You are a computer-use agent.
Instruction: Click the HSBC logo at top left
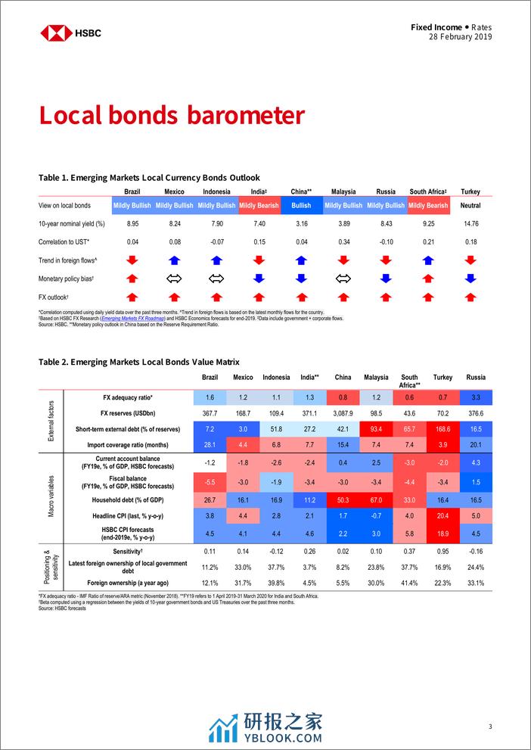pyautogui.click(x=70, y=33)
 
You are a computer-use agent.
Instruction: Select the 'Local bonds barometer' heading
pyautogui.click(x=172, y=115)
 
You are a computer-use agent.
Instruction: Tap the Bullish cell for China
pyautogui.click(x=301, y=205)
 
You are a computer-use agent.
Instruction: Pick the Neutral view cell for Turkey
pyautogui.click(x=470, y=205)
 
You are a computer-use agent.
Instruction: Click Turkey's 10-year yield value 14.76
pyautogui.click(x=470, y=224)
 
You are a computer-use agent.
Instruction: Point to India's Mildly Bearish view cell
pyautogui.click(x=258, y=205)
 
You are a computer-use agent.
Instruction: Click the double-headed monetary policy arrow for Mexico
pyautogui.click(x=174, y=279)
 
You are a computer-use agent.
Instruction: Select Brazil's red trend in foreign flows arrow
pyautogui.click(x=132, y=260)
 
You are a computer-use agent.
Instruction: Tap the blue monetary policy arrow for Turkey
pyautogui.click(x=470, y=279)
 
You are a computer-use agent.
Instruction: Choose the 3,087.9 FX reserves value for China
pyautogui.click(x=343, y=413)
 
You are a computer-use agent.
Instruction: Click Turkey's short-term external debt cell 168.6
pyautogui.click(x=442, y=428)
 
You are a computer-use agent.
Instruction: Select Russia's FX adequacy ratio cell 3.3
pyautogui.click(x=476, y=397)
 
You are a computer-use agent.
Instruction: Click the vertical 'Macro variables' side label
pyautogui.click(x=51, y=497)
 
